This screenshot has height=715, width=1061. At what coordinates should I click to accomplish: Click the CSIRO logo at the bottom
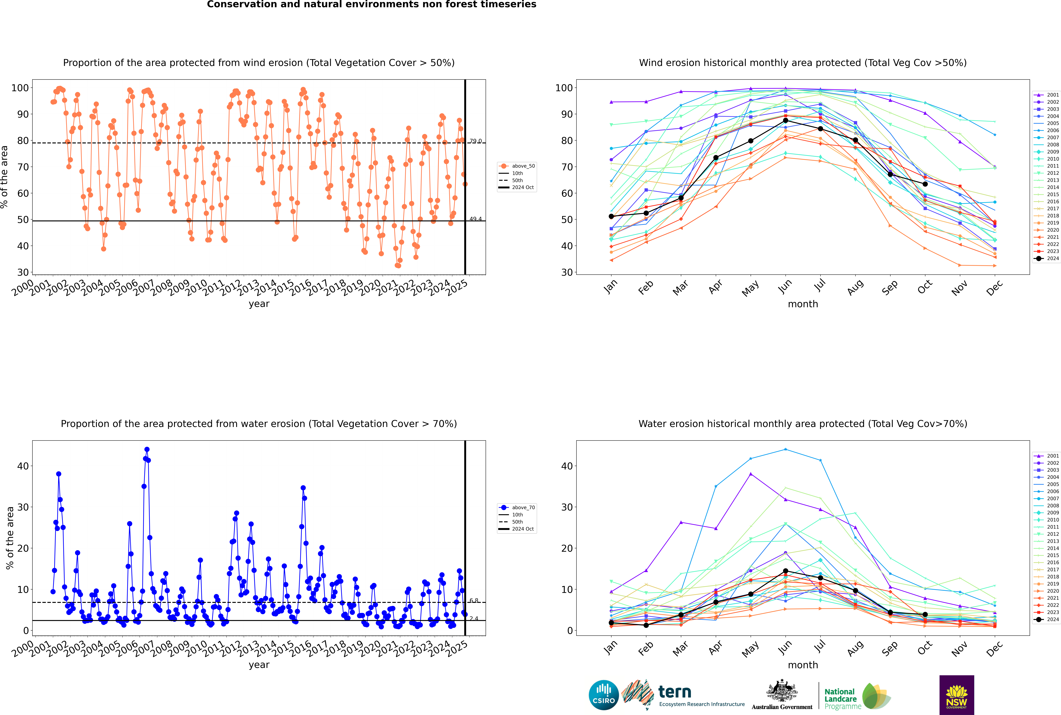click(x=603, y=695)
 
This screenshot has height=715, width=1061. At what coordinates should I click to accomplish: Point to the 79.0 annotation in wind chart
click(x=475, y=141)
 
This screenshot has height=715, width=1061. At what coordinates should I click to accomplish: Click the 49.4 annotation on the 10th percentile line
click(x=475, y=219)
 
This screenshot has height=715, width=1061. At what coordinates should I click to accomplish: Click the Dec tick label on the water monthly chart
click(x=994, y=648)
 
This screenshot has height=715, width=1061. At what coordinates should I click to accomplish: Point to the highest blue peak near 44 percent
click(x=147, y=450)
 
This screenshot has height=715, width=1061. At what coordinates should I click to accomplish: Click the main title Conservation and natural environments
click(x=371, y=5)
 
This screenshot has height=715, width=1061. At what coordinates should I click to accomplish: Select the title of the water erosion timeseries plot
click(x=259, y=424)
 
